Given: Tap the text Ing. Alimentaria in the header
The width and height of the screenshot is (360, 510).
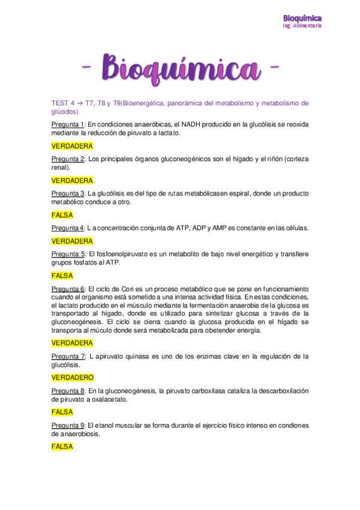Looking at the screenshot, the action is tap(302, 26).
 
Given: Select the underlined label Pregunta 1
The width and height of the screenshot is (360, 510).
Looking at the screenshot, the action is tap(68, 124).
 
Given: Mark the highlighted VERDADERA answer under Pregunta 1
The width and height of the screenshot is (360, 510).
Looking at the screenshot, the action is tap(72, 146).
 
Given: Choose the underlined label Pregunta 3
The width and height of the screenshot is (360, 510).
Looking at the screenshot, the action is tap(68, 194).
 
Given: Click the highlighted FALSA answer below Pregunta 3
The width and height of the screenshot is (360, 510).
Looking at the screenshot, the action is tap(63, 215).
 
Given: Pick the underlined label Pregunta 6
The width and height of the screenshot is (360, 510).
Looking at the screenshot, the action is tap(68, 289).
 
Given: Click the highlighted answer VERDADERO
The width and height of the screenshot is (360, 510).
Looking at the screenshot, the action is tap(72, 378).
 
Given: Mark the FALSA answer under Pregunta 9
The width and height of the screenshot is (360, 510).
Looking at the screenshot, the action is tap(63, 447).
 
